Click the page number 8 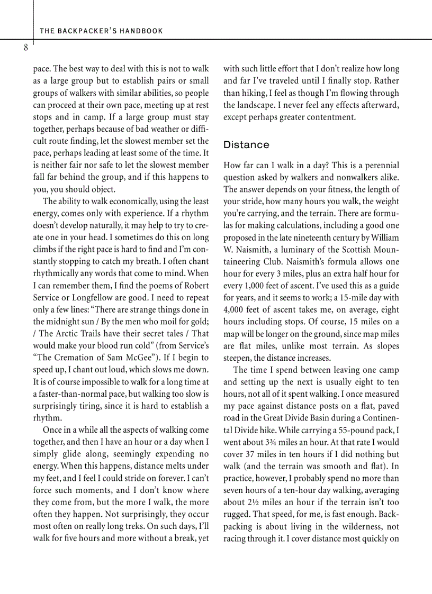click(25, 48)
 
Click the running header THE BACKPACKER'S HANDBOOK click(101, 31)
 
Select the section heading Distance click(246, 144)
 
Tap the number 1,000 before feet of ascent click(249, 286)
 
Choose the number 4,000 click(234, 309)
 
